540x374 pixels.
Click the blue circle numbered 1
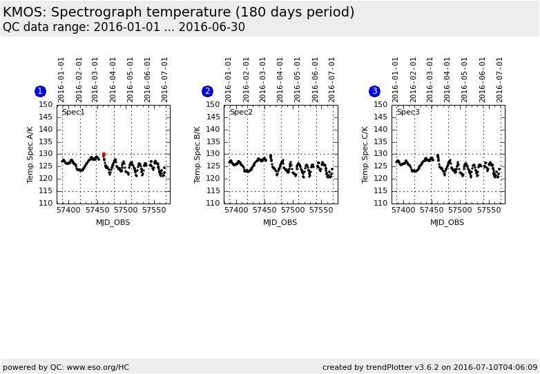point(40,91)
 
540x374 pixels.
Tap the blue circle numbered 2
point(207,91)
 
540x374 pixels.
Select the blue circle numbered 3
point(374,91)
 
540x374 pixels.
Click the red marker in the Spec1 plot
point(104,155)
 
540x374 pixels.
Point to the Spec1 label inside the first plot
point(73,112)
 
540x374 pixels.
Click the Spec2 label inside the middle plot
point(241,112)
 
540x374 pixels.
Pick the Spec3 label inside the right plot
point(408,112)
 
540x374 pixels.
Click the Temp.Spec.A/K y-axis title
point(30,155)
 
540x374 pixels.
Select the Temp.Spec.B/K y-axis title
point(197,155)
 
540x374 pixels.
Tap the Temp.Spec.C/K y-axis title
point(365,155)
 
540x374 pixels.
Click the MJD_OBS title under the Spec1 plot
point(113,222)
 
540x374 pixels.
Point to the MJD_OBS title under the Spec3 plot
point(447,222)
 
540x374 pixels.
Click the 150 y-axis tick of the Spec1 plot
point(46,105)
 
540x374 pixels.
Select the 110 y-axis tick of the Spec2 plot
point(213,204)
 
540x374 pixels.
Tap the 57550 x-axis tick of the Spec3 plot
point(489,210)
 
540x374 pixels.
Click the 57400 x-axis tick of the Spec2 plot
point(236,210)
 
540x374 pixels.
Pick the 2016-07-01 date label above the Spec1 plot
point(165,79)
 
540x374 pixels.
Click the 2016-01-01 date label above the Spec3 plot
point(396,79)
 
